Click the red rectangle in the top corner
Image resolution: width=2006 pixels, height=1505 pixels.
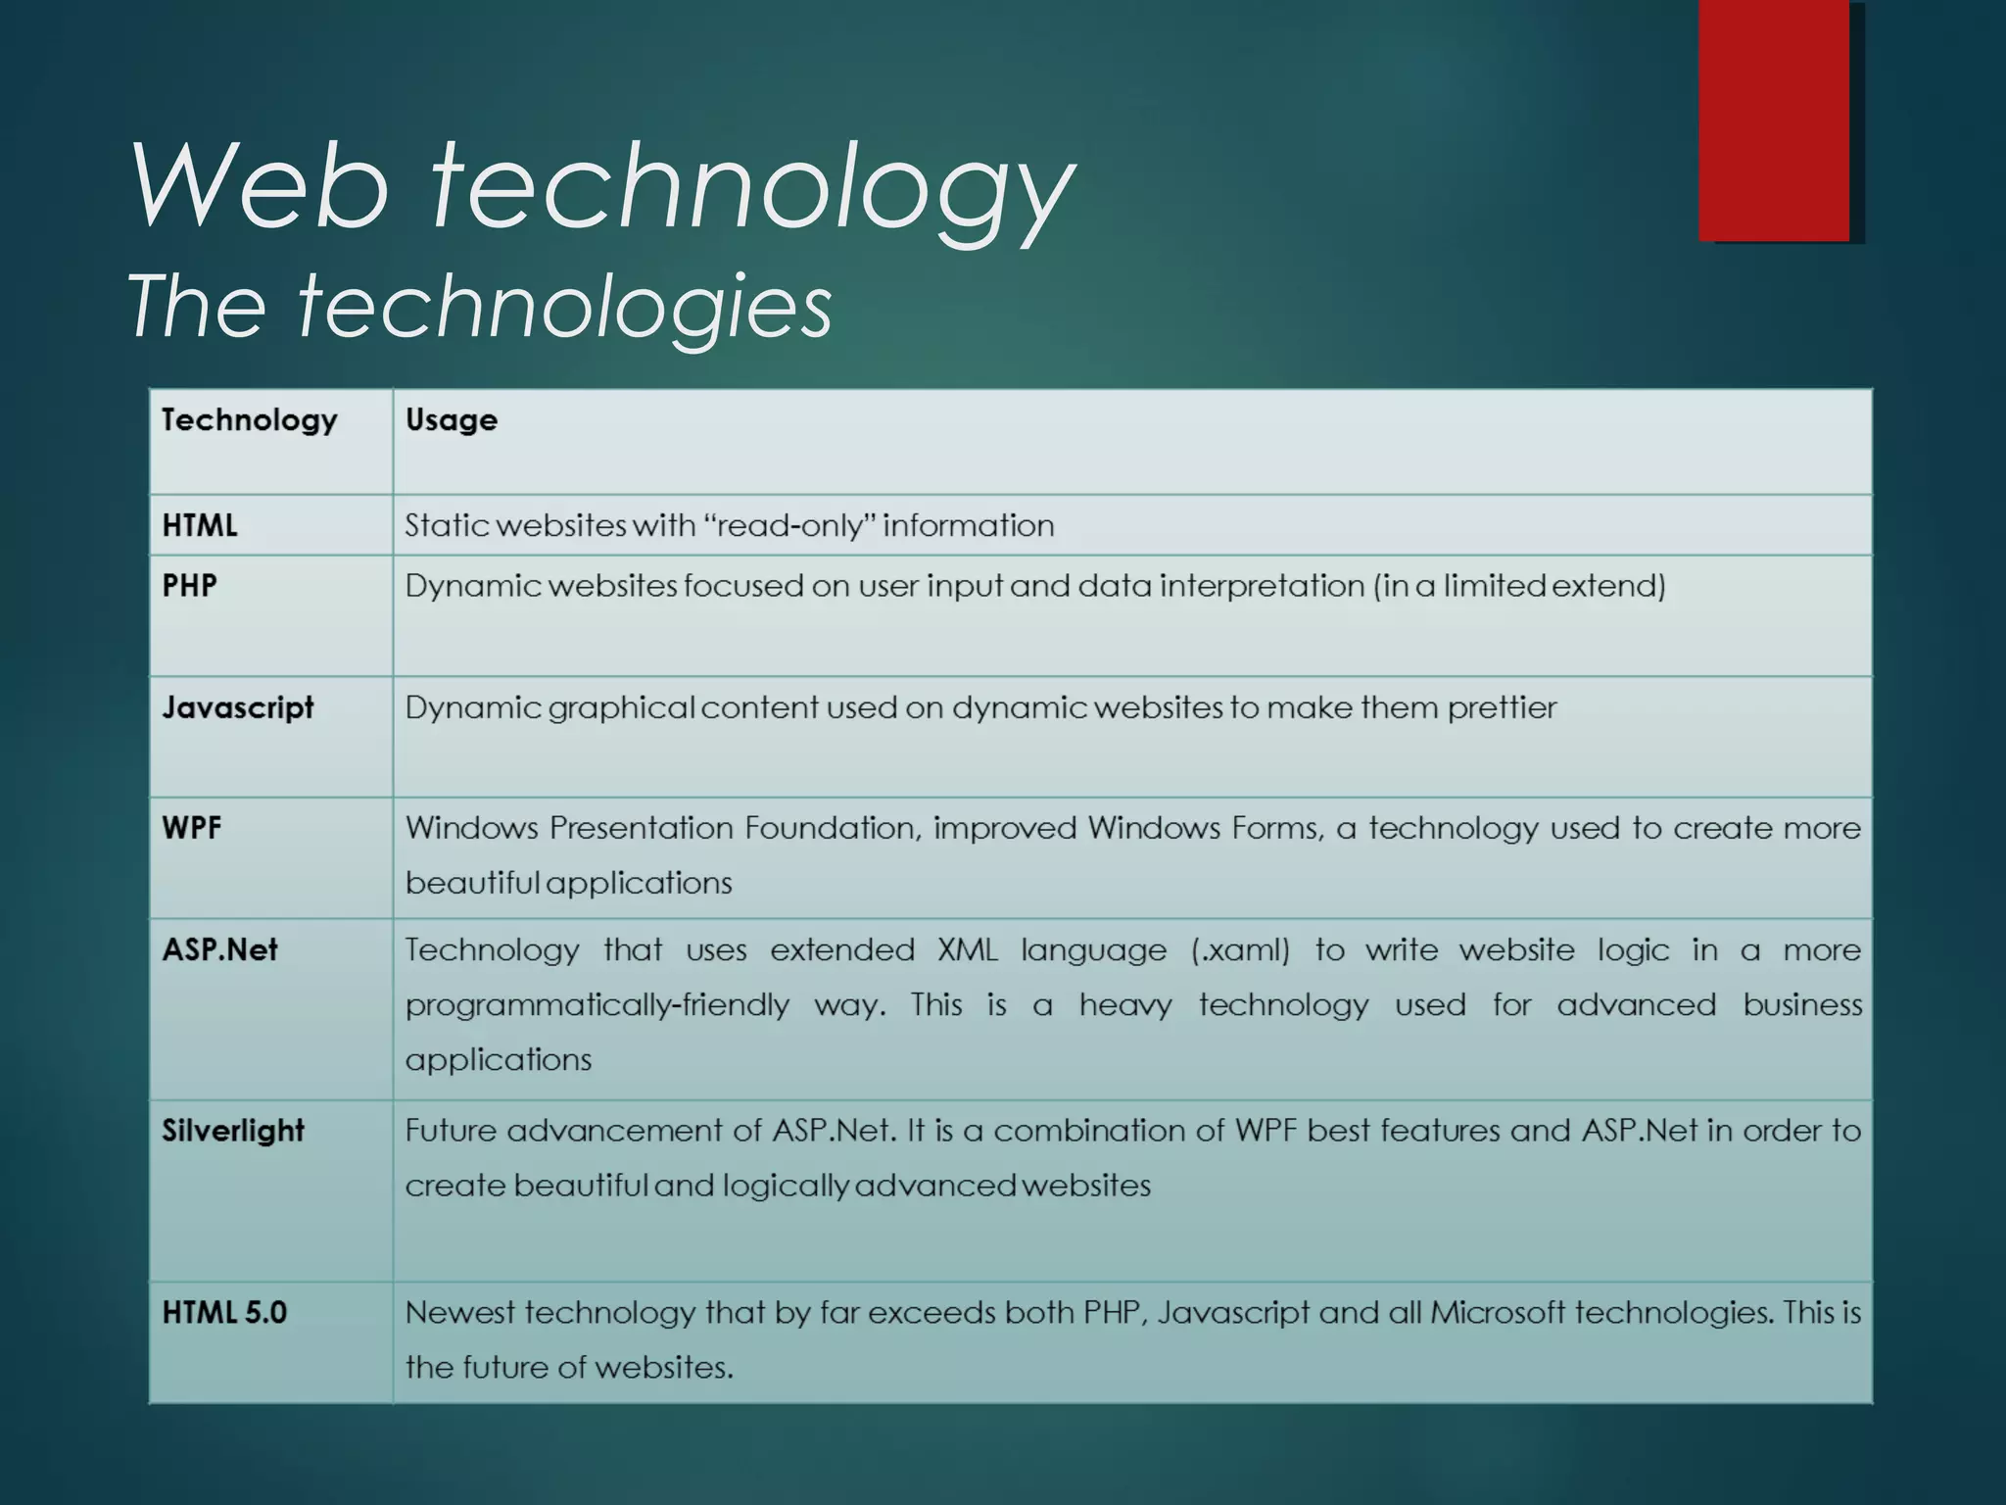click(1774, 120)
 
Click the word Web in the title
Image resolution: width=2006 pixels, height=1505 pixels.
click(260, 186)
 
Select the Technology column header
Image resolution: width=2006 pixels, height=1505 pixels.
click(249, 420)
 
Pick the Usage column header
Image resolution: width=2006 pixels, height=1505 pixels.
click(451, 420)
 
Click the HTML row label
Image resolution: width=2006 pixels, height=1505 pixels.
click(200, 526)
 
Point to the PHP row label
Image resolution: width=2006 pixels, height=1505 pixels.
click(189, 586)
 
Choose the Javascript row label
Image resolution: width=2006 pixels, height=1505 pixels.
click(238, 707)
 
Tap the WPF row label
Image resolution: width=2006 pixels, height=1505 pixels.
click(192, 828)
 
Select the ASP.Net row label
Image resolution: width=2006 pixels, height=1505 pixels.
click(219, 949)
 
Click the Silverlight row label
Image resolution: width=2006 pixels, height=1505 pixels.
click(233, 1131)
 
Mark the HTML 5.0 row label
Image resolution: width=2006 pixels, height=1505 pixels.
click(224, 1313)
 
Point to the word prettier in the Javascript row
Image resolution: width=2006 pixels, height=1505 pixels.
click(1502, 707)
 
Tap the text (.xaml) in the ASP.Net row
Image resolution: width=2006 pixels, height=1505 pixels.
click(1240, 950)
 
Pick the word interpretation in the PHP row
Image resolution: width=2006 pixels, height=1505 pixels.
click(1262, 586)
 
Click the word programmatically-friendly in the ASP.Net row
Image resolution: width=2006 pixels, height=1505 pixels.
click(597, 1005)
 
